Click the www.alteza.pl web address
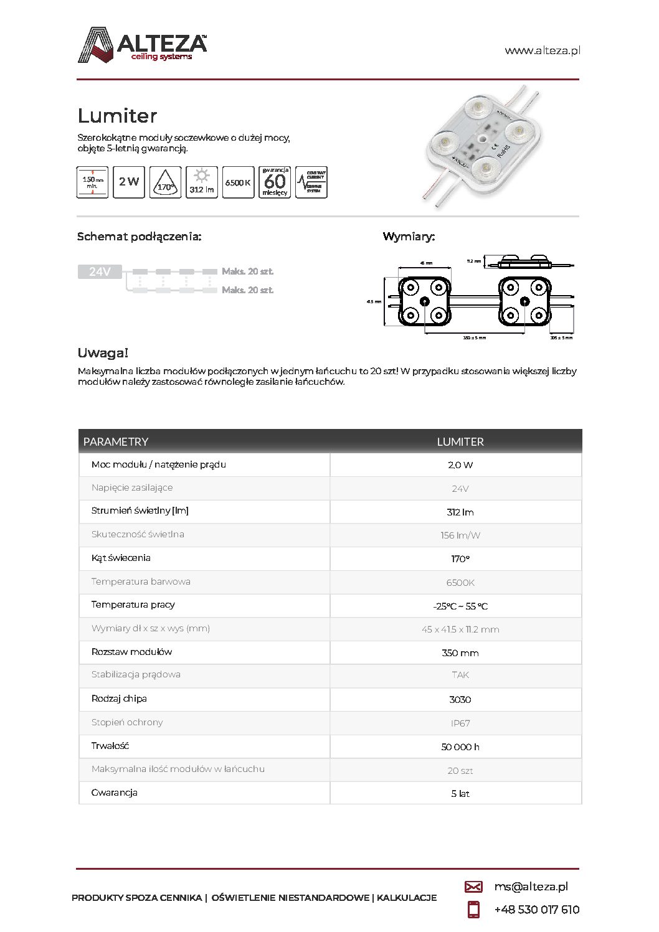(x=542, y=51)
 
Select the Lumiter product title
(x=117, y=116)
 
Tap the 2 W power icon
(x=129, y=182)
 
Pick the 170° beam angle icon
(x=165, y=182)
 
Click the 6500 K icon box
(x=238, y=182)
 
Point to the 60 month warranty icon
(x=275, y=182)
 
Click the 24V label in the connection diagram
(x=100, y=272)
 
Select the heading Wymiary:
(x=409, y=237)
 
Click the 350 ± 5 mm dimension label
(x=474, y=337)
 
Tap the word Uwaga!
(x=103, y=353)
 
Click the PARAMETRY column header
(x=116, y=441)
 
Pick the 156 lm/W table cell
(x=460, y=535)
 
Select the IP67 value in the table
(x=460, y=723)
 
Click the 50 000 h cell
(x=460, y=747)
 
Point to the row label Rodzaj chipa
(x=119, y=699)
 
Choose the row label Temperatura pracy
(x=133, y=605)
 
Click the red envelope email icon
(x=473, y=887)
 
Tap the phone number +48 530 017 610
(x=536, y=910)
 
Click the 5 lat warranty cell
(x=460, y=794)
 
